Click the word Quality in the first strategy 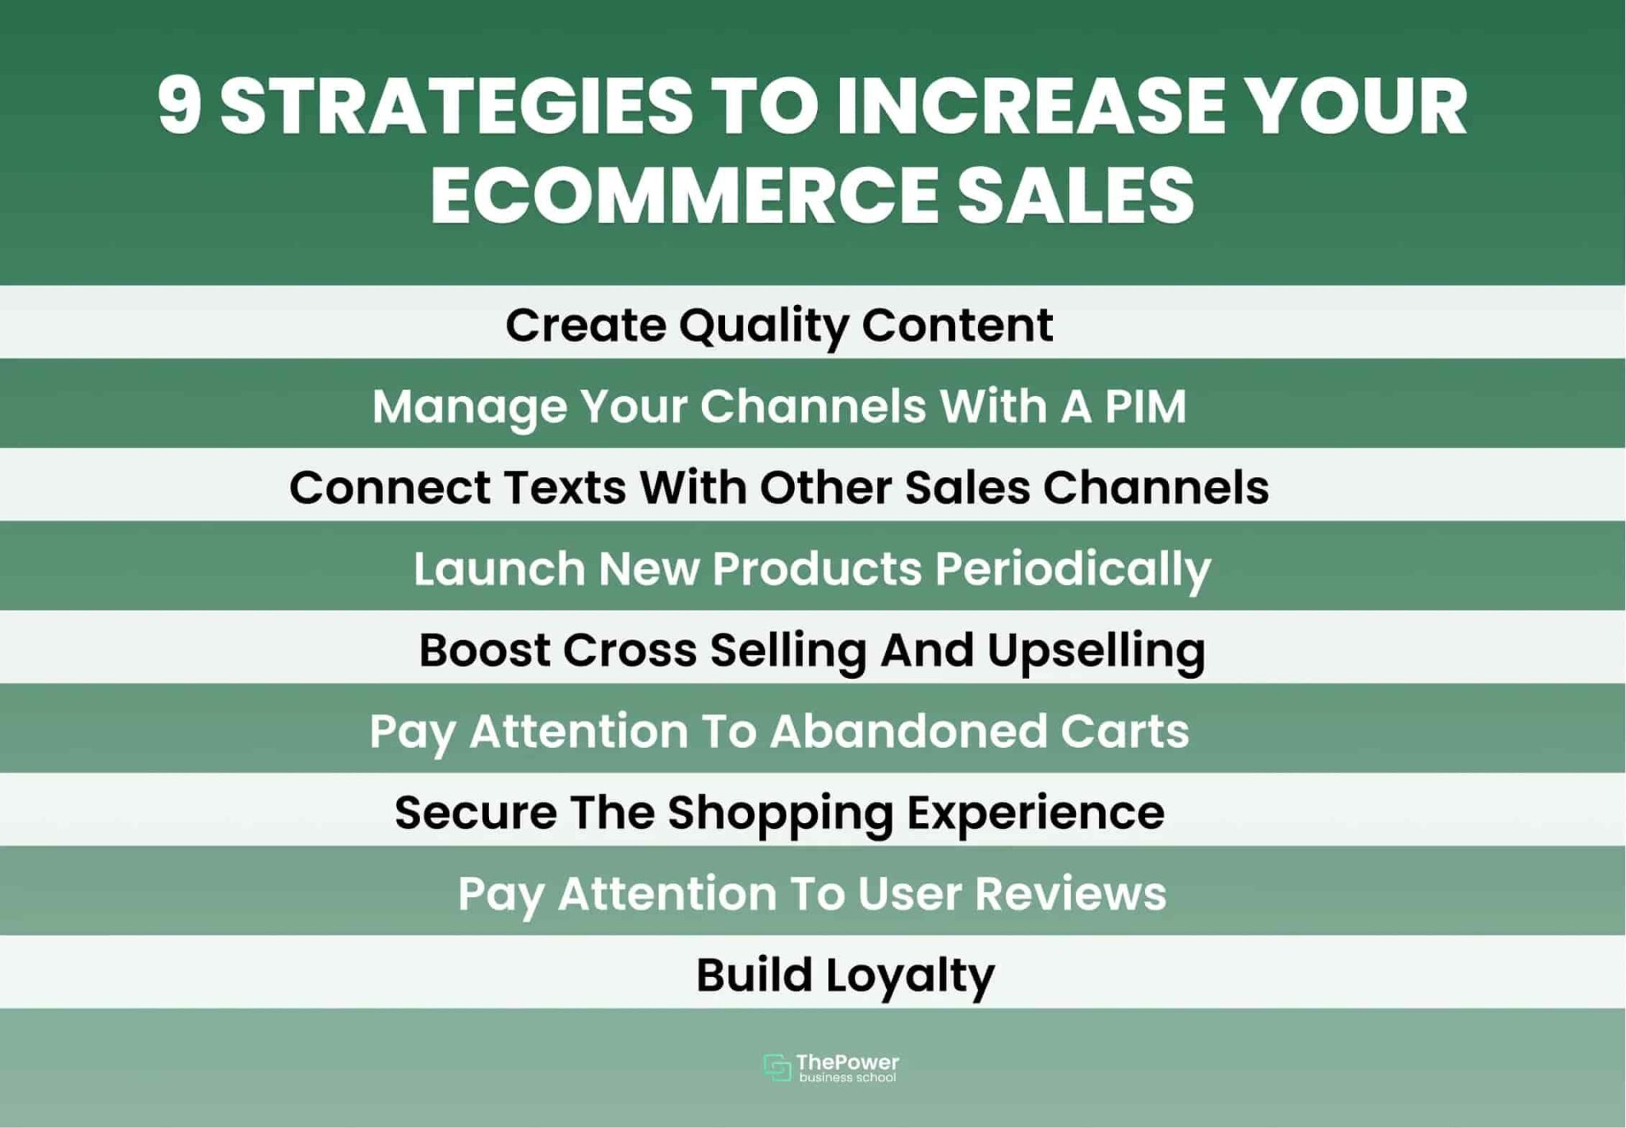[763, 325]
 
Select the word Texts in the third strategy [564, 487]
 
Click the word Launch [499, 569]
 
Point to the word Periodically [1072, 569]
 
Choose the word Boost [484, 650]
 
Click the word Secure [476, 813]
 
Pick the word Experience [1035, 813]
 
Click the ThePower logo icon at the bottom [776, 1067]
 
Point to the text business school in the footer [847, 1078]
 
